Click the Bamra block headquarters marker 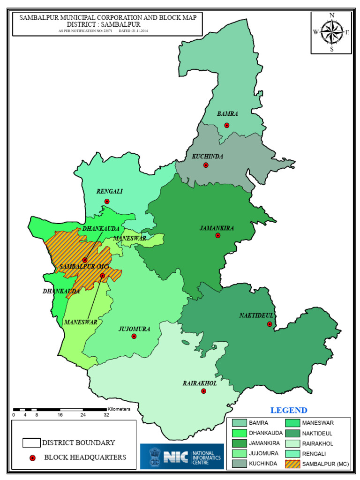coord(227,125)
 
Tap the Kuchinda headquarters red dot coord(206,165)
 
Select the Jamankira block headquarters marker coord(218,235)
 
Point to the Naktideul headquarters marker coord(270,324)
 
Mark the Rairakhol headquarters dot coord(203,391)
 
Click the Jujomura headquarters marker coord(134,336)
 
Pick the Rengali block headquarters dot coord(107,202)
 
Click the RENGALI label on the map coord(109,191)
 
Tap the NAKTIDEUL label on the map coord(256,315)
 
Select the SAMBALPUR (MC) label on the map coord(84,267)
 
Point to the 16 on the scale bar coord(60,415)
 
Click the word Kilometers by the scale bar coord(119,409)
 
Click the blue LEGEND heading coord(289,411)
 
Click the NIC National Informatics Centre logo coord(182,456)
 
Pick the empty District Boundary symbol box coord(31,442)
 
